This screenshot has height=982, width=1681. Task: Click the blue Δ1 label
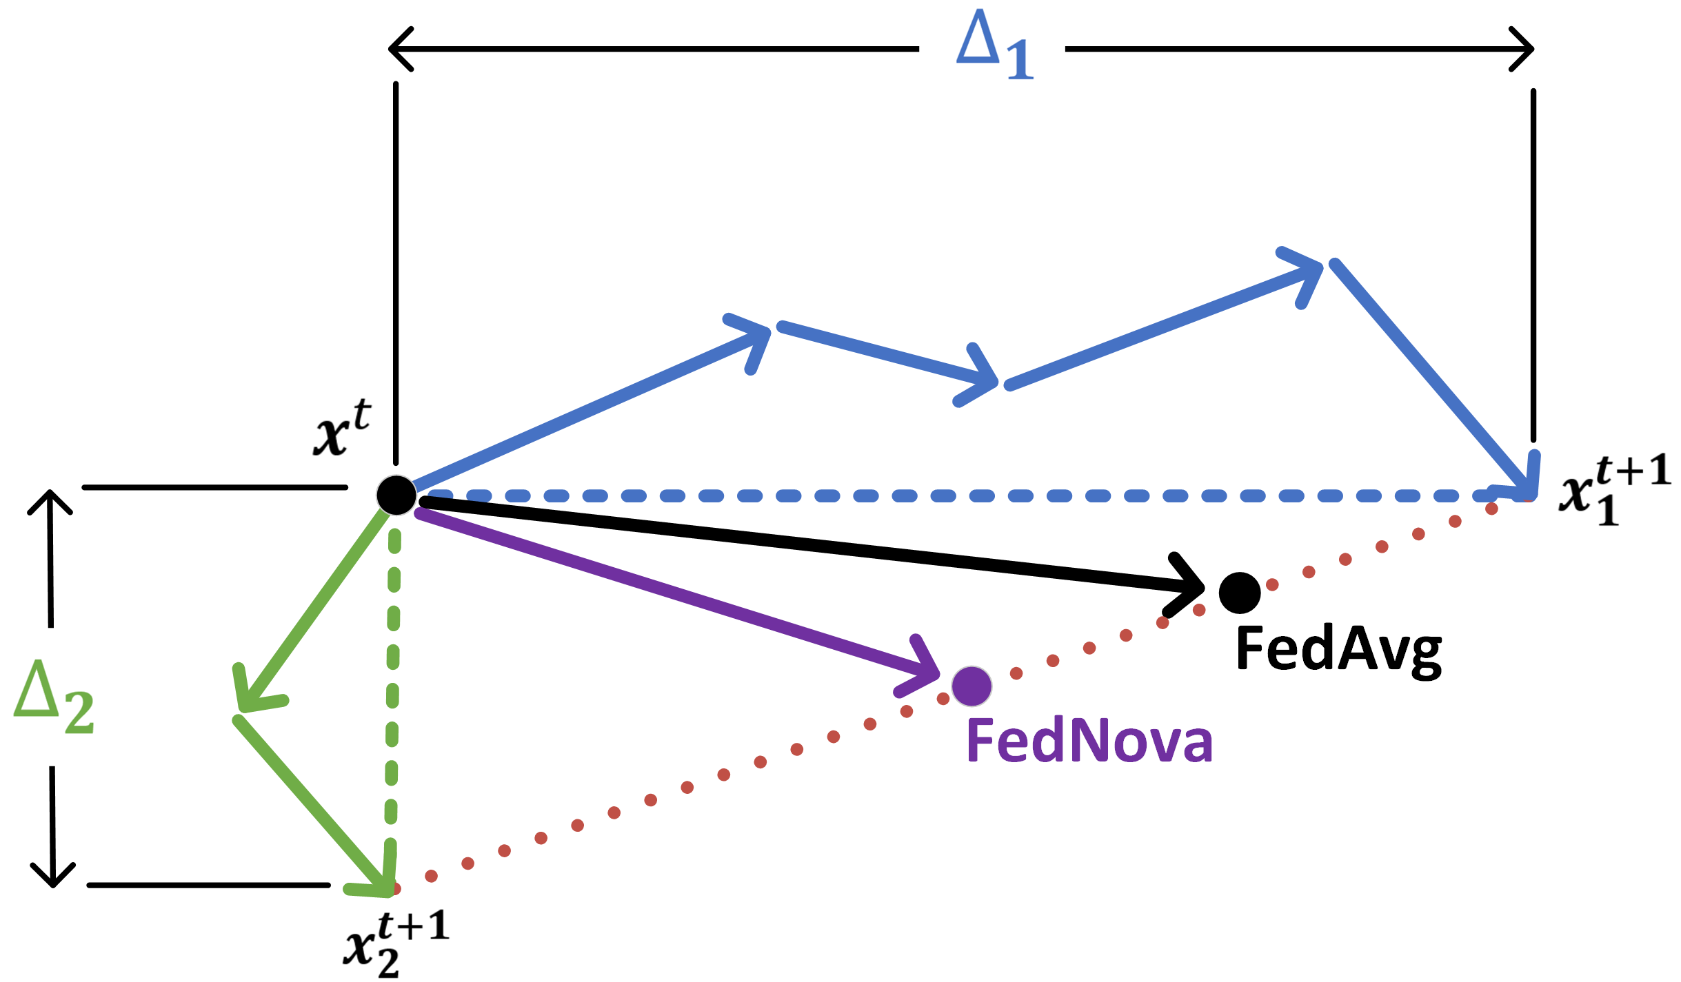[994, 47]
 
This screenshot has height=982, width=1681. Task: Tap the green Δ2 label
[54, 697]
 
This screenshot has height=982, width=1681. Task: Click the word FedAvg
[1338, 649]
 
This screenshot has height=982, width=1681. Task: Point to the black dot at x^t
[396, 495]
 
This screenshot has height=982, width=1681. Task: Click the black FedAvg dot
[1240, 593]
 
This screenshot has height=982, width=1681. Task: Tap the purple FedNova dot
[972, 686]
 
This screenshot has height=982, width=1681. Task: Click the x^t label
[342, 429]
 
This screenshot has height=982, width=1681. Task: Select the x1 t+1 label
[1613, 489]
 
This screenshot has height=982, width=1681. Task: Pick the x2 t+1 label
[396, 944]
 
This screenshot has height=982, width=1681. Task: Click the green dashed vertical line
[393, 689]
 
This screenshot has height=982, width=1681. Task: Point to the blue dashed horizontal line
[965, 496]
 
